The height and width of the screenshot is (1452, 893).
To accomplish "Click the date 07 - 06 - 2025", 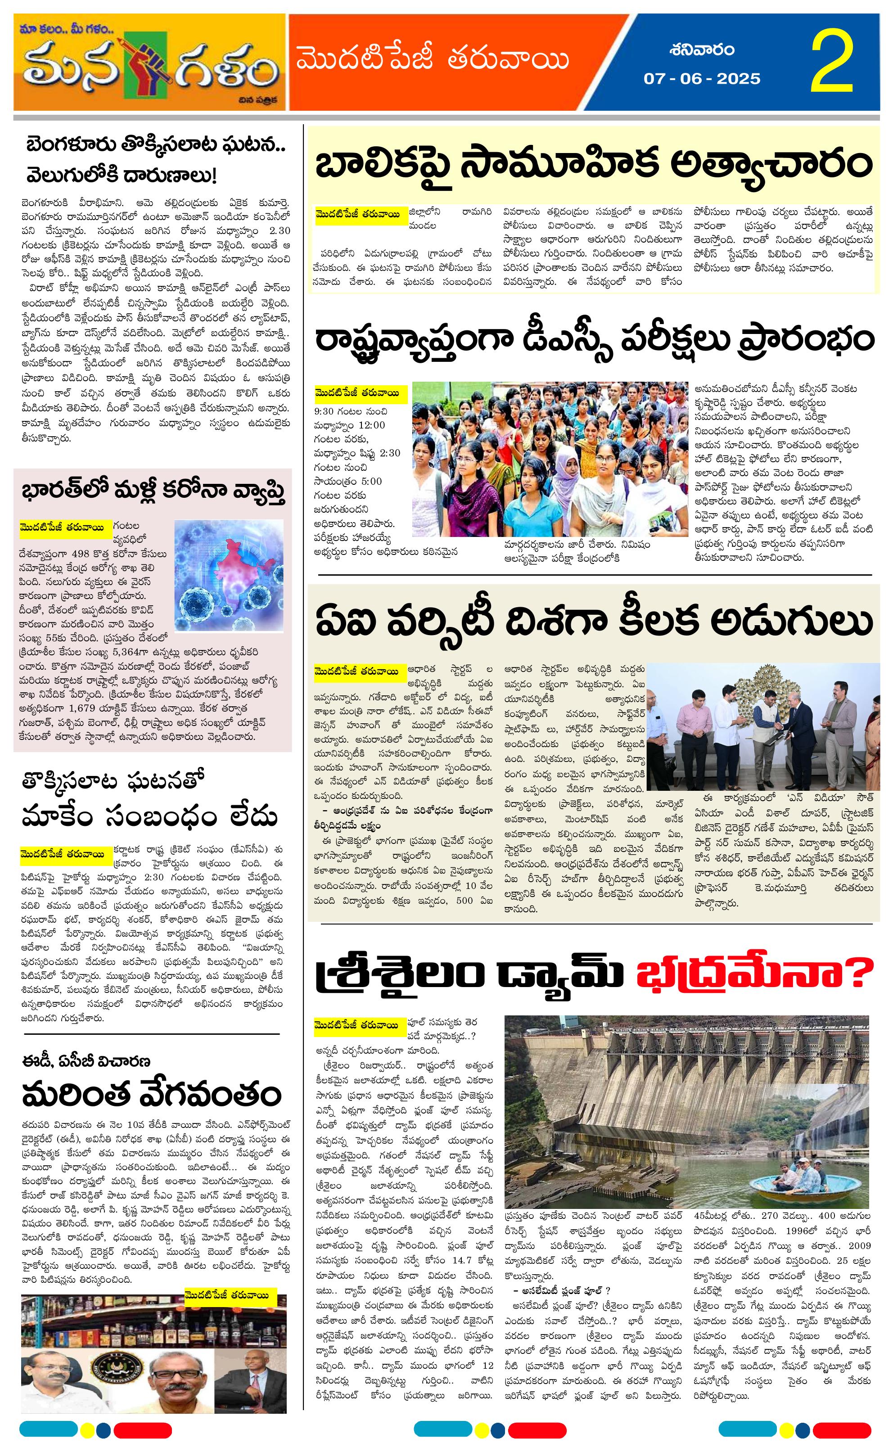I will [702, 78].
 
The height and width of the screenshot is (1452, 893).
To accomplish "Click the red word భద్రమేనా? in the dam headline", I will [754, 974].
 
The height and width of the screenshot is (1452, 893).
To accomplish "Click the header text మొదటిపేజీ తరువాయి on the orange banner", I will [433, 60].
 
